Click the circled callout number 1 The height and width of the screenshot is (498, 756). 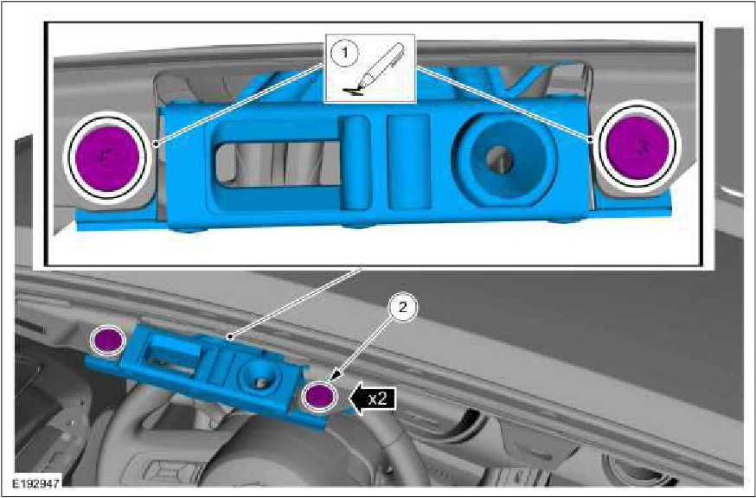coord(344,53)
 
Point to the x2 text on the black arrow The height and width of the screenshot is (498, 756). coord(377,399)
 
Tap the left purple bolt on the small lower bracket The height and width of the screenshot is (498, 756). coord(107,340)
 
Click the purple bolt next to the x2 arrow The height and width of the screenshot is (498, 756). coord(318,396)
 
